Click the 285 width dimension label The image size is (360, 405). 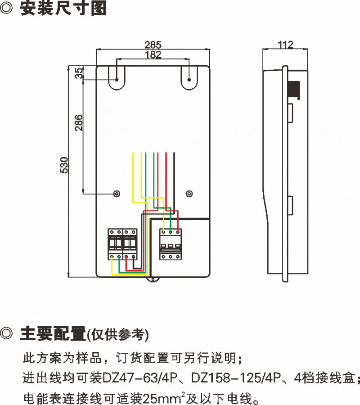click(x=153, y=45)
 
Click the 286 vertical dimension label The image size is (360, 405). click(x=78, y=123)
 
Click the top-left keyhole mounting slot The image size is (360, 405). click(x=117, y=78)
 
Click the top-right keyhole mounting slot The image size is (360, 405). click(x=189, y=78)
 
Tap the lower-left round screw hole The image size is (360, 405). click(x=117, y=193)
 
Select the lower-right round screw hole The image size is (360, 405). click(x=189, y=193)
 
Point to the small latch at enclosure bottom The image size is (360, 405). click(x=153, y=280)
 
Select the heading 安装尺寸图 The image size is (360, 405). click(x=63, y=9)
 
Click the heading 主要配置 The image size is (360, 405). click(x=53, y=334)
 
